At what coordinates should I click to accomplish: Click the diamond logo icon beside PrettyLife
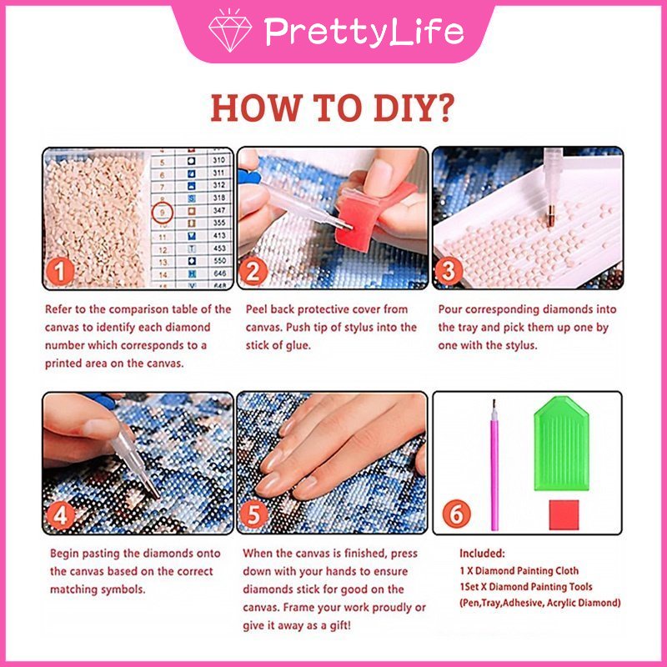(230, 31)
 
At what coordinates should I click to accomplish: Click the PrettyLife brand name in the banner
(363, 32)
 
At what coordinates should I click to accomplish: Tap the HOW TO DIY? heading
(333, 108)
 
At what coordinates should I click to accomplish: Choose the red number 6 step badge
(455, 514)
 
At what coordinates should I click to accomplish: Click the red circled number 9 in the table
(163, 213)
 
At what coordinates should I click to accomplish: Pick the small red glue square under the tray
(563, 514)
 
